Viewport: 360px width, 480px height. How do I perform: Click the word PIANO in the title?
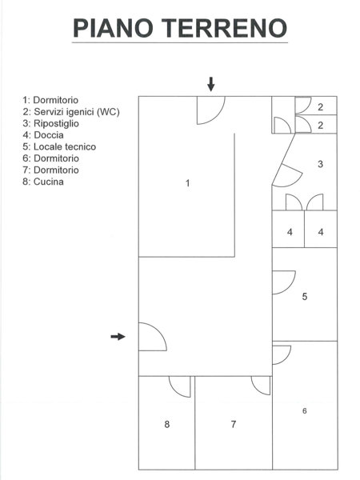tap(113, 28)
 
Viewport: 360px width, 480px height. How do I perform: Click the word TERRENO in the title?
tap(224, 28)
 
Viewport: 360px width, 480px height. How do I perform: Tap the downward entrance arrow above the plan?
tap(211, 84)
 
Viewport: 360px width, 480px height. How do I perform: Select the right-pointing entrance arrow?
tap(118, 337)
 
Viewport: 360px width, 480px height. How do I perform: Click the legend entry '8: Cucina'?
tap(43, 182)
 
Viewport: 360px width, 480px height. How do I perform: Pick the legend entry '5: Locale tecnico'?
tap(59, 147)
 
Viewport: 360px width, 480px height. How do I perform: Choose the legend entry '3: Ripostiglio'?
tap(51, 124)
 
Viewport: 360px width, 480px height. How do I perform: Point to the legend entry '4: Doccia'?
tap(43, 135)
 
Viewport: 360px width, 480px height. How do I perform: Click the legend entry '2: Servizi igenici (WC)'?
tap(71, 112)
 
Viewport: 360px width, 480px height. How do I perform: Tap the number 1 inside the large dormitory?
tap(188, 183)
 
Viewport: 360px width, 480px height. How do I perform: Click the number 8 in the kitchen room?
tap(167, 424)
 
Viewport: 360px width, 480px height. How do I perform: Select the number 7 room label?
tap(234, 424)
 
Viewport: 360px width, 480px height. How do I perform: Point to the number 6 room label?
tap(304, 411)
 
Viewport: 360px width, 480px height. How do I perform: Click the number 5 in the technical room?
tap(305, 297)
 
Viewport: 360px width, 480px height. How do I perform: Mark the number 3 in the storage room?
tap(320, 164)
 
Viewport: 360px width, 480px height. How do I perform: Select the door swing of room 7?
tap(257, 390)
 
